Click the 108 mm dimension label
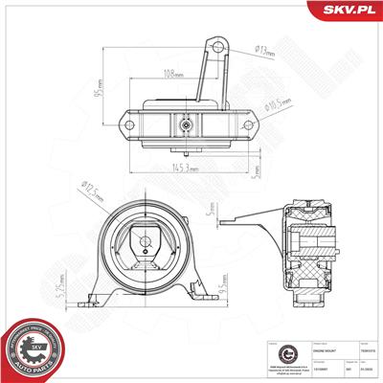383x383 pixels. (x=173, y=74)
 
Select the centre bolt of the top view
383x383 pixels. (x=185, y=124)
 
